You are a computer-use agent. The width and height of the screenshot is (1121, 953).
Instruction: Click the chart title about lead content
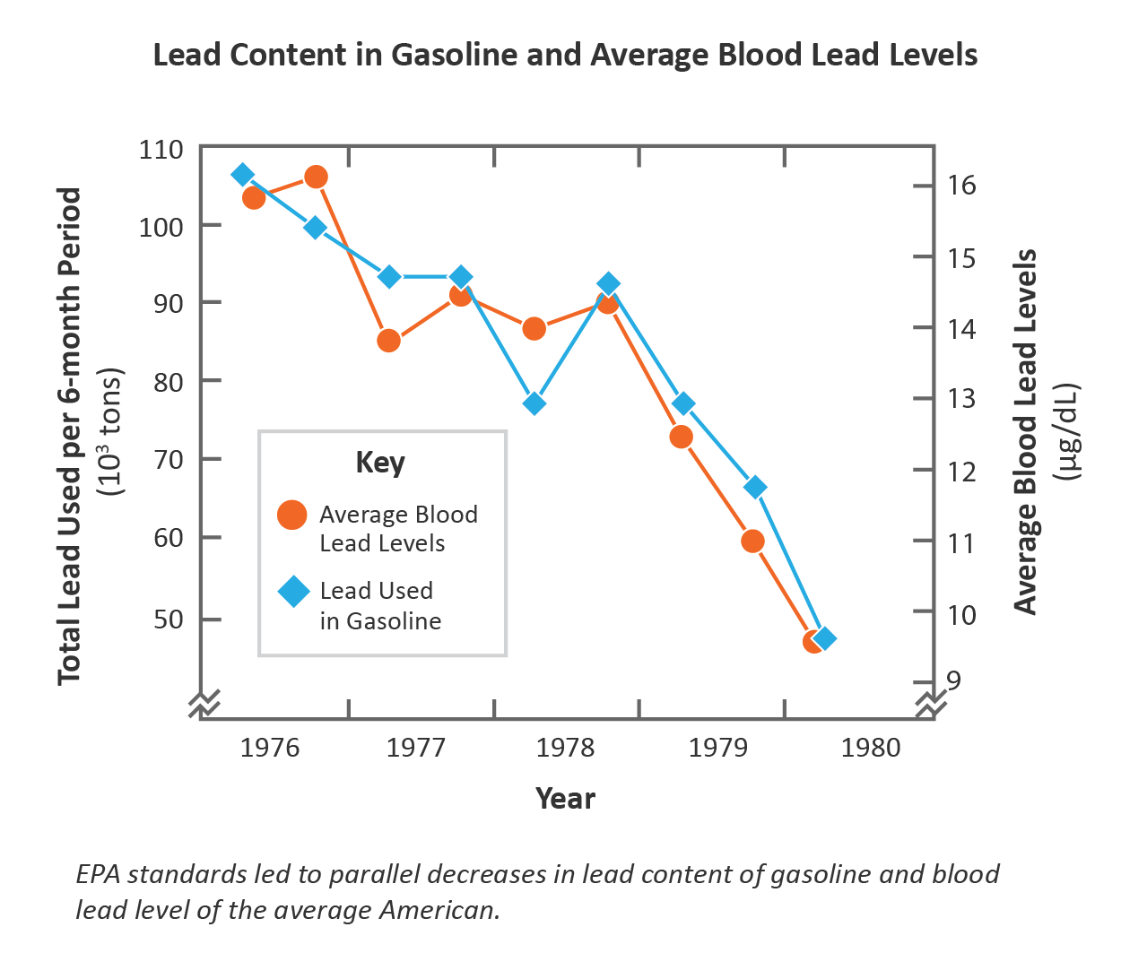click(x=565, y=55)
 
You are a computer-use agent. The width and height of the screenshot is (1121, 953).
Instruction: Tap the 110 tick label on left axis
click(x=161, y=149)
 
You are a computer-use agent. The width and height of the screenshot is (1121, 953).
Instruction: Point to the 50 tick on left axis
click(x=168, y=619)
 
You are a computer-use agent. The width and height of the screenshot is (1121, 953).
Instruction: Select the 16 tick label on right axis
click(x=961, y=186)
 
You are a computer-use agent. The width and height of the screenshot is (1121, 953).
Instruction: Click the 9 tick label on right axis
click(x=953, y=680)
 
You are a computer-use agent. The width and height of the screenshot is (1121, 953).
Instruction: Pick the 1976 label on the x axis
click(x=270, y=748)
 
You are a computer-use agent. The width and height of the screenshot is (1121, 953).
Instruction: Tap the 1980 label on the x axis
click(x=871, y=748)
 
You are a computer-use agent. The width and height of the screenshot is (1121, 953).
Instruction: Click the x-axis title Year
click(x=565, y=799)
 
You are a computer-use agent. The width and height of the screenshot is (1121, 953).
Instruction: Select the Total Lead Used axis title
click(x=70, y=436)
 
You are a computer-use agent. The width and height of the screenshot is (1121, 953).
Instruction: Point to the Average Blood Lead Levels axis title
click(x=1025, y=431)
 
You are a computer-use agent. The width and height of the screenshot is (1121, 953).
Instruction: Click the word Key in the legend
click(x=380, y=463)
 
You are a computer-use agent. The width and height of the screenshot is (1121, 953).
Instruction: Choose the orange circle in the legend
click(x=292, y=515)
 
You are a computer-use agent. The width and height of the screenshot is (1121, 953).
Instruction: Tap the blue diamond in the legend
click(x=293, y=592)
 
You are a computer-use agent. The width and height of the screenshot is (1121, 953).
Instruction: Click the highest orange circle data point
click(x=316, y=177)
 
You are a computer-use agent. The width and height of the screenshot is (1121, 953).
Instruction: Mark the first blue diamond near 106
click(x=242, y=174)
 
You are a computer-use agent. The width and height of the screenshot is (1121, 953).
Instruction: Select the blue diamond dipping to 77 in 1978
click(x=534, y=403)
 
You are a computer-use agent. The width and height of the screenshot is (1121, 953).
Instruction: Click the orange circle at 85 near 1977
click(x=388, y=341)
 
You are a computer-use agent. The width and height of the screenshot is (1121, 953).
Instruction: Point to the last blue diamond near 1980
click(x=825, y=638)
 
